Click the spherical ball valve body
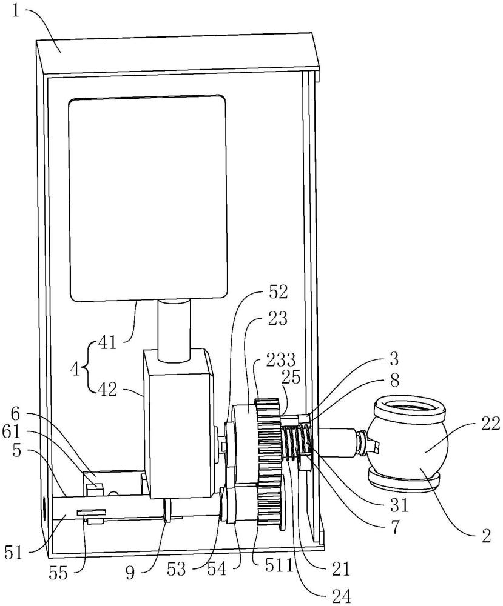coord(411,448)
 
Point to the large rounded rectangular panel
coord(147,197)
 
